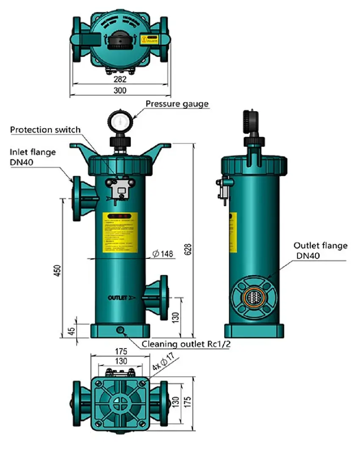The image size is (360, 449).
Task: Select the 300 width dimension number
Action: pos(121,90)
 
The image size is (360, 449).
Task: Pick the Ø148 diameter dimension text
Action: pos(163,254)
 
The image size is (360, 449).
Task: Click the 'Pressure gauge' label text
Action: pos(177,104)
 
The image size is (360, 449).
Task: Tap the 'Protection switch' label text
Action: pos(45,129)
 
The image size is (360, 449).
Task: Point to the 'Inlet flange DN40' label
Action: pos(33,157)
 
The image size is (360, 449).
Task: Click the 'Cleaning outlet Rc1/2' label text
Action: pos(186,344)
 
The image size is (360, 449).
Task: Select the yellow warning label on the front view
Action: pos(120,233)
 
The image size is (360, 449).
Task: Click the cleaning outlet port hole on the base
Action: pos(120,330)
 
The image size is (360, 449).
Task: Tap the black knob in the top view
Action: pos(120,42)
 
